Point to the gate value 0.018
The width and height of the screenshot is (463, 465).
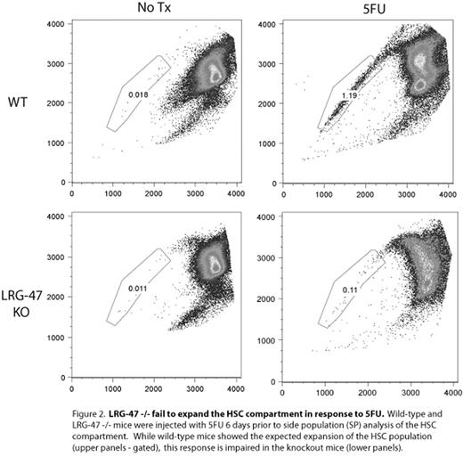(138, 94)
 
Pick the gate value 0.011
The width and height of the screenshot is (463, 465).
(137, 288)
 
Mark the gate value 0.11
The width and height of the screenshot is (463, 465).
(352, 289)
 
